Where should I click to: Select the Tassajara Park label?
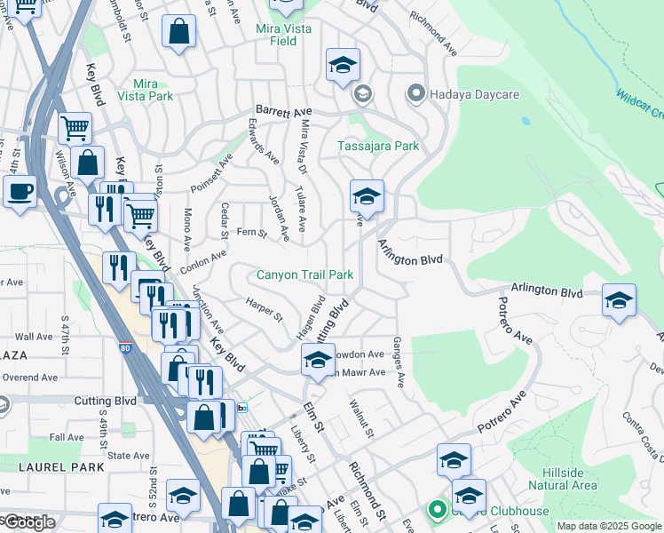pyautogui.click(x=378, y=146)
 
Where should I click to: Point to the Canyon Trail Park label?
pyautogui.click(x=305, y=275)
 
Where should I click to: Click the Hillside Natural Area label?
pyautogui.click(x=562, y=479)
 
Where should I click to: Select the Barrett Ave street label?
pyautogui.click(x=281, y=105)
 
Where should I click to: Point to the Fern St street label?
pyautogui.click(x=252, y=234)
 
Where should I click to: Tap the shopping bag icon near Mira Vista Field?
pyautogui.click(x=178, y=32)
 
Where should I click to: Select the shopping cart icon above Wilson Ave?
pyautogui.click(x=75, y=127)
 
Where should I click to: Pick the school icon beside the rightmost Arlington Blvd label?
pyautogui.click(x=619, y=299)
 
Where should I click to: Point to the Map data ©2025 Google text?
pyautogui.click(x=610, y=526)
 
